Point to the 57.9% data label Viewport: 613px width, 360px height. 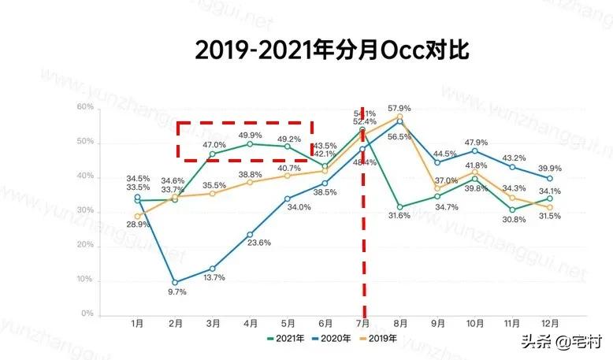(x=400, y=108)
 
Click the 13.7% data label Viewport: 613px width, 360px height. (x=214, y=278)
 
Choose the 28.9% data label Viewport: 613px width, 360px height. (x=139, y=225)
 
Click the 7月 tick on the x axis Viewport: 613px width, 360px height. (x=362, y=324)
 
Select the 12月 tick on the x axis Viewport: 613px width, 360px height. (x=550, y=324)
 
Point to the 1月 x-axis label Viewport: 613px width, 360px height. (x=137, y=324)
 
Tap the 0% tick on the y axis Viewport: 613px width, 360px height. (x=89, y=314)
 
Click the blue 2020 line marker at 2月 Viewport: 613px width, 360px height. (x=175, y=282)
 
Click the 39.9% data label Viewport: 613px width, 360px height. (x=549, y=169)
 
